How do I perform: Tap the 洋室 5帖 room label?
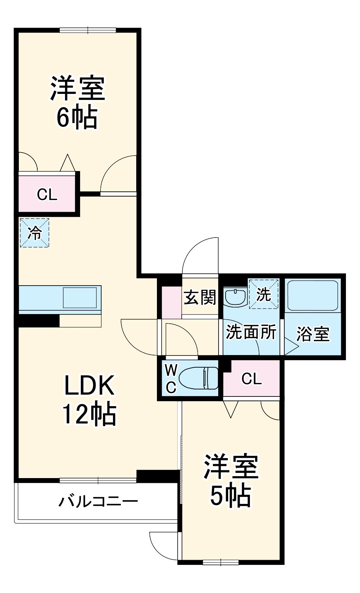click(x=231, y=480)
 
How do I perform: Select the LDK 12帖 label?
click(x=89, y=399)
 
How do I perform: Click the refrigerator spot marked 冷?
click(x=34, y=233)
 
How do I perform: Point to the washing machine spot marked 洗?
click(x=264, y=294)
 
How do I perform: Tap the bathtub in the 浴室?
click(x=313, y=296)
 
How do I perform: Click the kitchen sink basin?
click(x=80, y=297)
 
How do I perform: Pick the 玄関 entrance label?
click(x=200, y=297)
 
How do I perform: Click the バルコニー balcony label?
click(x=98, y=501)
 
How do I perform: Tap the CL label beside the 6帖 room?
click(x=47, y=194)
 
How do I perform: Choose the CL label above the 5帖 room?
click(x=251, y=379)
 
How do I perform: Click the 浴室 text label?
click(x=313, y=334)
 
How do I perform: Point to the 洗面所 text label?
click(x=251, y=332)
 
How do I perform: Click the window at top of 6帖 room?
click(x=88, y=30)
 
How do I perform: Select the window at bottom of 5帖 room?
click(x=220, y=562)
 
